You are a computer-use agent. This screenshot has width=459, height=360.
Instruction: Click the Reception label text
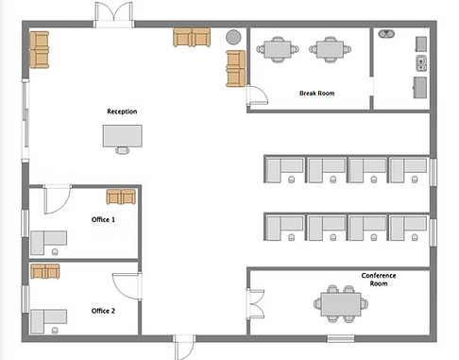[122, 111]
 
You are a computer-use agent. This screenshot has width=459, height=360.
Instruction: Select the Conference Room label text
[379, 280]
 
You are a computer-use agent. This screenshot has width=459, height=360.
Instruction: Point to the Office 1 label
[103, 219]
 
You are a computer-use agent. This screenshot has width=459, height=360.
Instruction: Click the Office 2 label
[103, 311]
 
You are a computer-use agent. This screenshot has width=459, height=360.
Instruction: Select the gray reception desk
[122, 136]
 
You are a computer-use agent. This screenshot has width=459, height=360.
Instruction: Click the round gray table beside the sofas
[232, 37]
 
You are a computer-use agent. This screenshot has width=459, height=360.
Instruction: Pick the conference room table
[340, 303]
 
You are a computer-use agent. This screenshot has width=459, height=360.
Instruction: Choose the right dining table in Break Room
[330, 48]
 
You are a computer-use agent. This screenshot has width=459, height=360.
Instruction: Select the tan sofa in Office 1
[121, 197]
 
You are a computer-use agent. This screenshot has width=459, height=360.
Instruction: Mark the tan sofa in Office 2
[45, 272]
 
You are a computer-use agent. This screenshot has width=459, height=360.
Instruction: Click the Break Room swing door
[255, 93]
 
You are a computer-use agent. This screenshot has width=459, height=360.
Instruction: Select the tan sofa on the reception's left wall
[39, 49]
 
